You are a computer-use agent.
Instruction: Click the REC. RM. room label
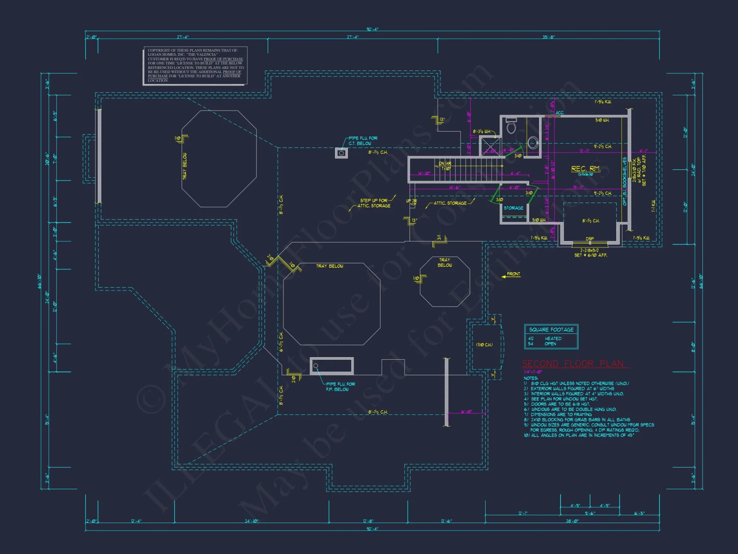(586, 169)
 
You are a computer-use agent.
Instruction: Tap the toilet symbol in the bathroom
(511, 126)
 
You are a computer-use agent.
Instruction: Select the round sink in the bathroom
(532, 143)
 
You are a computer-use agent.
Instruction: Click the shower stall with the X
(490, 146)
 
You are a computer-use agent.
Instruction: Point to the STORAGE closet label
(513, 208)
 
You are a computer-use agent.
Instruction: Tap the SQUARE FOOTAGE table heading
(551, 329)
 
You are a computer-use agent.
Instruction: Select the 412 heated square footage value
(531, 338)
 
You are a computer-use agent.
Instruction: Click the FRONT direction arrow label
(513, 274)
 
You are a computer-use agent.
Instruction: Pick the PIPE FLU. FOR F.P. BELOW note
(340, 387)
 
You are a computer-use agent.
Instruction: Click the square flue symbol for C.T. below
(341, 153)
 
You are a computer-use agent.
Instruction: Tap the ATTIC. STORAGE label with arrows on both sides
(450, 203)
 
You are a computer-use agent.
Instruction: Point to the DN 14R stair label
(445, 164)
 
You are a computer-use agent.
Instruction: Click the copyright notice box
(195, 65)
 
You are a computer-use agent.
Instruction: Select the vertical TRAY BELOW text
(185, 166)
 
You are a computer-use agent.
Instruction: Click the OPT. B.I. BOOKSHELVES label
(625, 181)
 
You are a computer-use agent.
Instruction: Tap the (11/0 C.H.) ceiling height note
(484, 345)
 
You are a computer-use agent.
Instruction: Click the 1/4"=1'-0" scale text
(533, 372)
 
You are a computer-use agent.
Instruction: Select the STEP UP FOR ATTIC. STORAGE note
(374, 203)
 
